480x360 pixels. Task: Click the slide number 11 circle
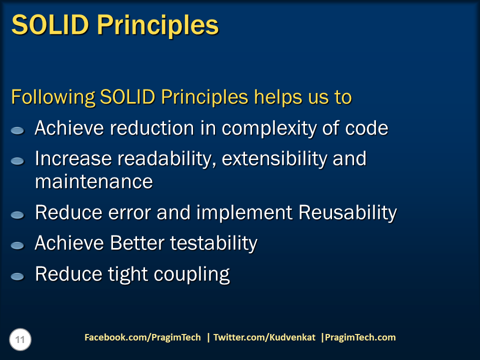pos(20,340)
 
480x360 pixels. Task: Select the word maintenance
pos(93,181)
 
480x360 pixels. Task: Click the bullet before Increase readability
pos(17,161)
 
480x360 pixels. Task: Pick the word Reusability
pos(347,213)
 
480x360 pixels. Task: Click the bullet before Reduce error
pos(17,215)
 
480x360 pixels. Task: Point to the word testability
pos(213,243)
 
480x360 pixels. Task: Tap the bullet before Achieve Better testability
pos(17,245)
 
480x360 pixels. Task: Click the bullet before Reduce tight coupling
pos(17,276)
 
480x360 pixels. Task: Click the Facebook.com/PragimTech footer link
pos(142,337)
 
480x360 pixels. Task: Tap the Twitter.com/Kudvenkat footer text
pos(264,337)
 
